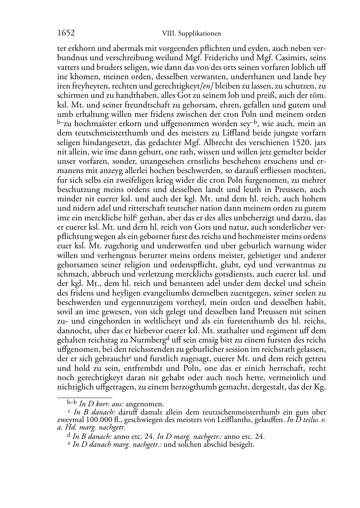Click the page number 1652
pos(66,33)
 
